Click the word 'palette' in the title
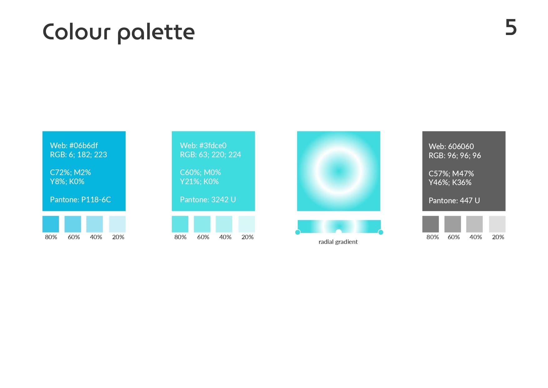[x=156, y=33]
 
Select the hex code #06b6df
[x=83, y=145]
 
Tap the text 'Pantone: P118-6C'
[x=80, y=199]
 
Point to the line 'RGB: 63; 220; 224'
[x=210, y=154]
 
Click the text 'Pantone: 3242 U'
[x=208, y=199]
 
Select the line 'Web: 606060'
[x=451, y=146]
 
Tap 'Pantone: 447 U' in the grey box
[x=454, y=200]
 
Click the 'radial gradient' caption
[x=338, y=242]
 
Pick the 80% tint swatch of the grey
[x=431, y=224]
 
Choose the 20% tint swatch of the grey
[x=497, y=224]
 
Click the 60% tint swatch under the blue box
[x=73, y=224]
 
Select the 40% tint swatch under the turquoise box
[x=224, y=224]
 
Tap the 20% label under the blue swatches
[x=118, y=237]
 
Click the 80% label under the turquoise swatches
[x=180, y=237]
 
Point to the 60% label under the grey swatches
[x=454, y=237]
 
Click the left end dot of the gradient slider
[x=298, y=232]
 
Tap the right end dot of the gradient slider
[x=381, y=232]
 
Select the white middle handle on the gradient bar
[x=339, y=232]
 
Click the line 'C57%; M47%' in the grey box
[x=451, y=174]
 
